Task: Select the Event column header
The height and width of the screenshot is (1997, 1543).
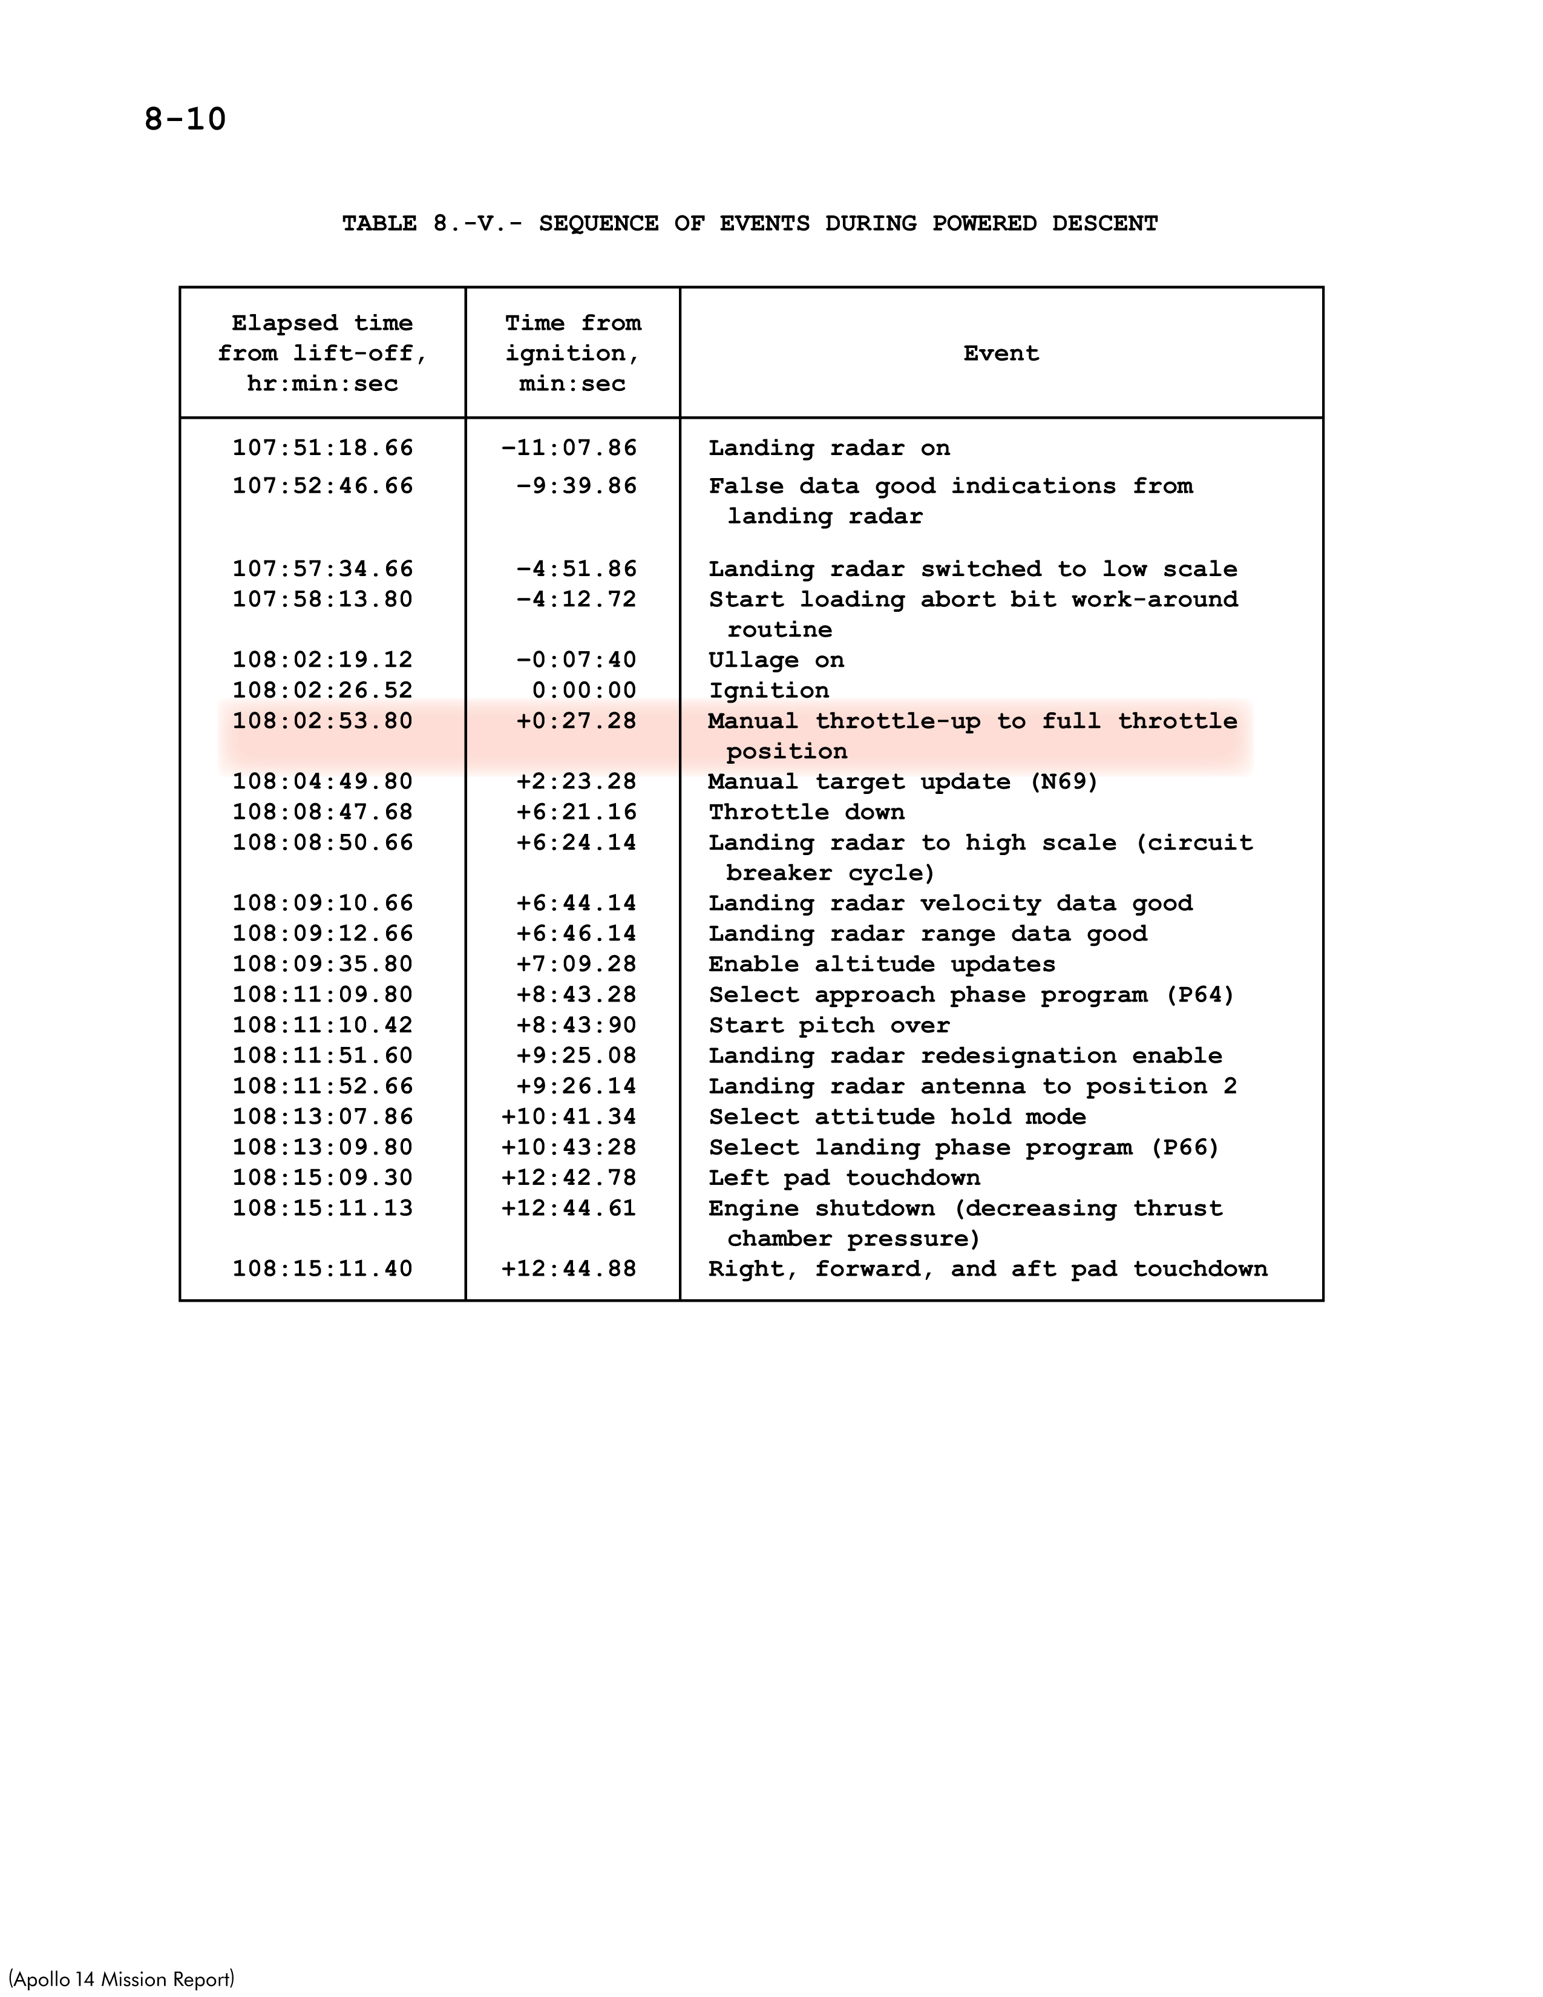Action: point(1001,354)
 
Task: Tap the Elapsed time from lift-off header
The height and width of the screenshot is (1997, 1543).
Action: point(322,354)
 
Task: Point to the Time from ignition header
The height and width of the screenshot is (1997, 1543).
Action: point(572,354)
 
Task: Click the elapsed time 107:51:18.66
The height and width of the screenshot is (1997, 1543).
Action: point(322,448)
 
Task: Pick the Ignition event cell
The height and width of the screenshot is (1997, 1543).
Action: point(768,690)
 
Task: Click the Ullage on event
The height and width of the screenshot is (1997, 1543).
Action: point(776,660)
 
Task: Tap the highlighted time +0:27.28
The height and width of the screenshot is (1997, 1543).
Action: point(576,721)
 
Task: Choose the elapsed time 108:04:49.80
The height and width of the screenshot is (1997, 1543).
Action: point(322,782)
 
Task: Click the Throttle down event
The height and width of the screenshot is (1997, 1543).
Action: point(806,812)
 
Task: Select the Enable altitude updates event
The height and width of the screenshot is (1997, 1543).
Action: point(881,964)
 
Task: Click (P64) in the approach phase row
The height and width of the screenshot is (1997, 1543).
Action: point(1199,995)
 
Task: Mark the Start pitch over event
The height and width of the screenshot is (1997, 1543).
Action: point(829,1025)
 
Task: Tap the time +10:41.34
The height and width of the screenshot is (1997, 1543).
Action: point(569,1117)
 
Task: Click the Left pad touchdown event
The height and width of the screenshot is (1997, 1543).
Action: point(844,1178)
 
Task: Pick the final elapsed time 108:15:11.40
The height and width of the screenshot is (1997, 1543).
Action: point(322,1268)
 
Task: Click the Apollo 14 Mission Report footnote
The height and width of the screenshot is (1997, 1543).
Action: point(122,1979)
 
